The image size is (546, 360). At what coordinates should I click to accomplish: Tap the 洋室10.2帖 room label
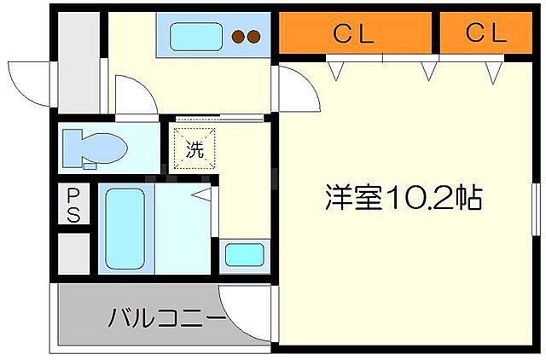click(403, 199)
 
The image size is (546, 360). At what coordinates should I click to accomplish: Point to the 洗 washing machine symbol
click(195, 150)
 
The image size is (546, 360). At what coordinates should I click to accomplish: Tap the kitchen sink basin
click(195, 37)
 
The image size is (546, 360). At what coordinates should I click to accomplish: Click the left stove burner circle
click(240, 37)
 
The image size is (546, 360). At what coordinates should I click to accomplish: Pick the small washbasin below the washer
click(243, 255)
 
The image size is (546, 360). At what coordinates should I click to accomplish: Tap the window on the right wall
click(536, 217)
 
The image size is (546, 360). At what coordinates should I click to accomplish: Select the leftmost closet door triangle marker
click(338, 70)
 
